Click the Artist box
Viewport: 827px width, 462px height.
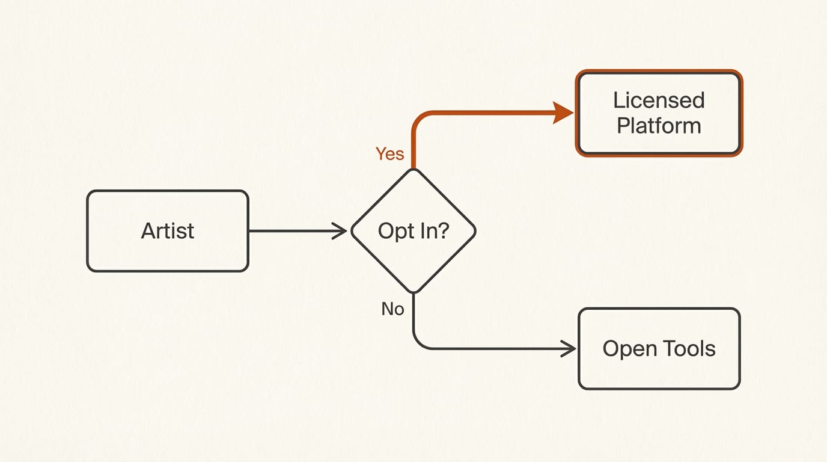(x=168, y=231)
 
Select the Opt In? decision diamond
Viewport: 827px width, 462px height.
(x=413, y=231)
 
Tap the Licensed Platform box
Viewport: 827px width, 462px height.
(x=659, y=113)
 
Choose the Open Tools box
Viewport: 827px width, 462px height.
(x=659, y=349)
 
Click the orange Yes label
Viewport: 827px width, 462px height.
(x=389, y=154)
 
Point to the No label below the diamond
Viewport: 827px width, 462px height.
(x=392, y=309)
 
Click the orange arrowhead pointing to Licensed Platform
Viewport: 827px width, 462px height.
(x=564, y=112)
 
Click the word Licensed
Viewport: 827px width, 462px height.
(x=659, y=100)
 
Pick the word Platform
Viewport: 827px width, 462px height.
(x=659, y=126)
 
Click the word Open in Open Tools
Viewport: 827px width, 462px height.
(x=629, y=350)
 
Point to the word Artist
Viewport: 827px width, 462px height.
(x=168, y=231)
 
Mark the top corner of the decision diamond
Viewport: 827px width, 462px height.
(x=413, y=170)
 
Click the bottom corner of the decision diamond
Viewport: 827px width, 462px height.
(x=413, y=292)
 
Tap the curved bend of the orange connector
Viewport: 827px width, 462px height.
(x=419, y=118)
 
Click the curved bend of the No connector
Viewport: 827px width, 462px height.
(x=419, y=343)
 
